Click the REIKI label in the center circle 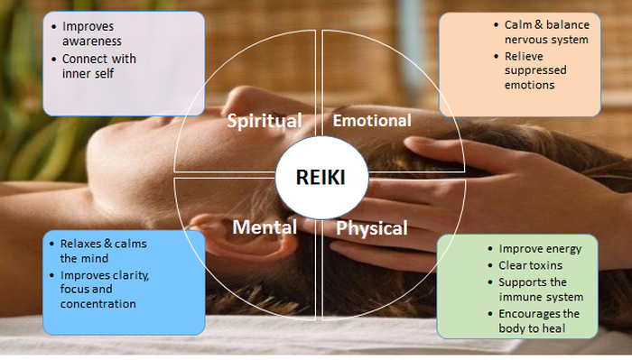[321, 178]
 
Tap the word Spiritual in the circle [264, 120]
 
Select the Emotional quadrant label [371, 120]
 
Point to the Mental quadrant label [265, 227]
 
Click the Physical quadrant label [371, 227]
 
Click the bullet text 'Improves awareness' [92, 33]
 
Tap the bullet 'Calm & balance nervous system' [540, 32]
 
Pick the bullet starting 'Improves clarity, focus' [105, 289]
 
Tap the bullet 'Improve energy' [540, 248]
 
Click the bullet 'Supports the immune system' [540, 289]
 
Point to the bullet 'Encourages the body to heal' [540, 321]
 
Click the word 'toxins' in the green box [547, 264]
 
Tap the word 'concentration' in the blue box [98, 304]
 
